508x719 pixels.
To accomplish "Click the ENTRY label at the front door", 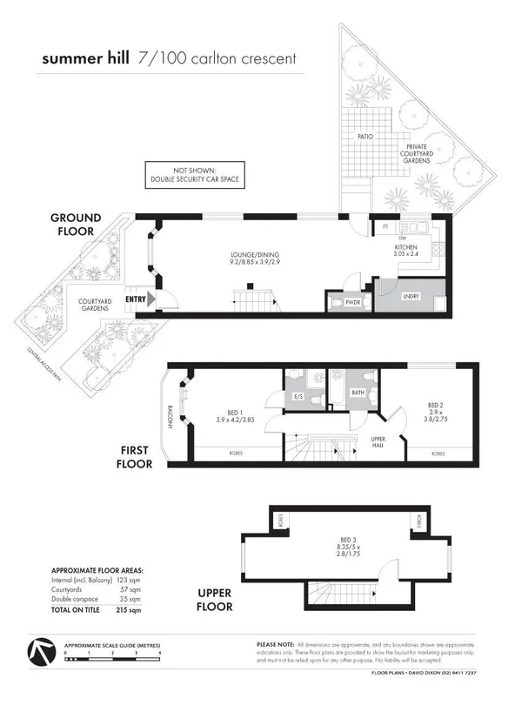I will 137,299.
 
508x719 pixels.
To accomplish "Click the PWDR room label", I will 352,303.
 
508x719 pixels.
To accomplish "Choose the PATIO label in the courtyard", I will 365,137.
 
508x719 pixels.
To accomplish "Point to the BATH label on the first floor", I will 358,393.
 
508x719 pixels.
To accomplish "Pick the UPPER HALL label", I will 378,442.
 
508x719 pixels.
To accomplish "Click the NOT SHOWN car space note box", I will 194,176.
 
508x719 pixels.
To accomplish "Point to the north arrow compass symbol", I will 40,654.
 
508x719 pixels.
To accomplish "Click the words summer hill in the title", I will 87,59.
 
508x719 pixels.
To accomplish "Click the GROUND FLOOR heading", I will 75,225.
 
